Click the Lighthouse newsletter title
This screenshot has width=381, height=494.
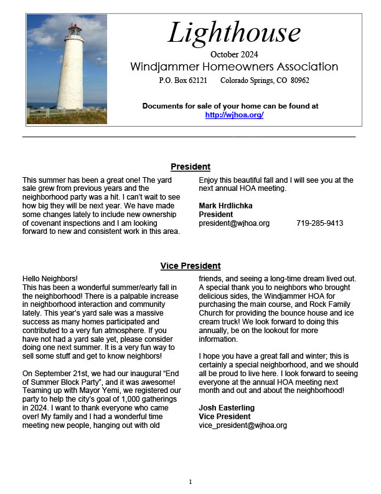[233, 33]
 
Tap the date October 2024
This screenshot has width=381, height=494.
[234, 54]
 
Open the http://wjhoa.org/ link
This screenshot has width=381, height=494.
[234, 115]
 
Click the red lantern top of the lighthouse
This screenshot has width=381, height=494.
[75, 31]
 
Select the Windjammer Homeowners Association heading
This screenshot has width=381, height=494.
[234, 67]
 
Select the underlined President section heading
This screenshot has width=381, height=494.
[190, 167]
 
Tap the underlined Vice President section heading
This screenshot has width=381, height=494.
[190, 266]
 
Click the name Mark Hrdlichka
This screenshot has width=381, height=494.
[225, 205]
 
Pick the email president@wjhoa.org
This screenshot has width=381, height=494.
[234, 223]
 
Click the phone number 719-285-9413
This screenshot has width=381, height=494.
[319, 223]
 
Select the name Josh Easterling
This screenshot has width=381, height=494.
[227, 408]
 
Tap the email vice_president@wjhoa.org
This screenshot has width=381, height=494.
[243, 425]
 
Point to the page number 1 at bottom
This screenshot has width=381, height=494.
[190, 482]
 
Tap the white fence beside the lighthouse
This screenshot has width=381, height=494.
[44, 114]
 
